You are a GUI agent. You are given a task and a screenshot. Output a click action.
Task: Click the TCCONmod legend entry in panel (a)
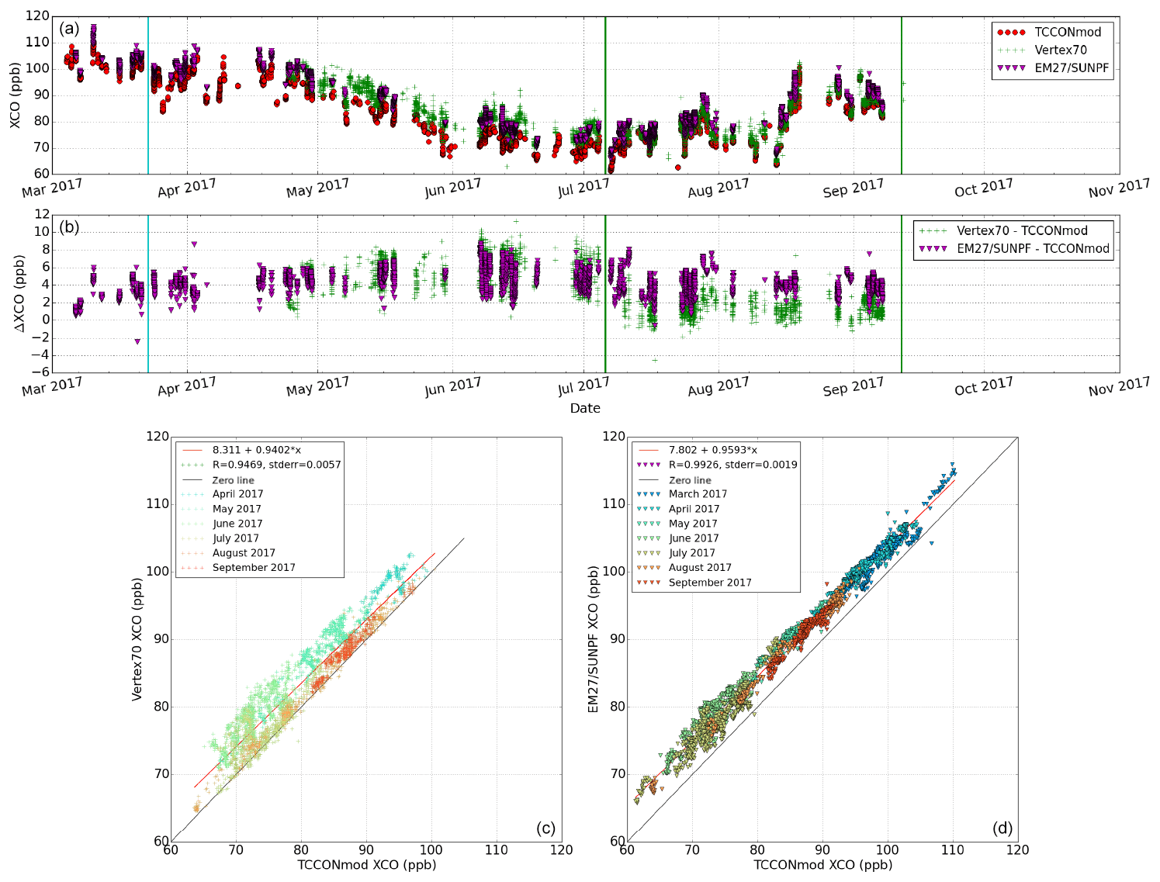point(1067,32)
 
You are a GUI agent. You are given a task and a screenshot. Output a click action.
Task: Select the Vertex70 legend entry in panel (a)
point(1060,50)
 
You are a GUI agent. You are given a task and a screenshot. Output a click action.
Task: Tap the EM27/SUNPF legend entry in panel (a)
point(1072,67)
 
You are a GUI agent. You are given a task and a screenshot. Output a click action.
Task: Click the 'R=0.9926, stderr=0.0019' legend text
point(732,465)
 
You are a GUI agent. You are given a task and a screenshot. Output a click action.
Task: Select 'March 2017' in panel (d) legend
point(698,494)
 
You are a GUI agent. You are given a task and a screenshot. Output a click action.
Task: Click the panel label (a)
point(69,29)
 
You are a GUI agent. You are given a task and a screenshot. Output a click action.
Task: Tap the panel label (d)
point(1002,828)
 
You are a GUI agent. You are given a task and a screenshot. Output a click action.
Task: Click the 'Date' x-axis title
point(585,408)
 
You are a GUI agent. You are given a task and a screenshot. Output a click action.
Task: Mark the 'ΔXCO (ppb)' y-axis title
point(20,293)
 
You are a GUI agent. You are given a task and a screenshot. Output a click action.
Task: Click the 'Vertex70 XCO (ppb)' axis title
point(137,639)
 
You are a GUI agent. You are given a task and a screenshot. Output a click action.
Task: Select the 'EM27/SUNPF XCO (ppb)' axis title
point(594,639)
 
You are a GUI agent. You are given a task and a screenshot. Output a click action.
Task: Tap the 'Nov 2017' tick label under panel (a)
point(1119,188)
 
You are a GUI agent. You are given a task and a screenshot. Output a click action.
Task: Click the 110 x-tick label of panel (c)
point(497,850)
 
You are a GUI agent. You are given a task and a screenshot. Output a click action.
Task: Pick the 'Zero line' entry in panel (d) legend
point(690,480)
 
